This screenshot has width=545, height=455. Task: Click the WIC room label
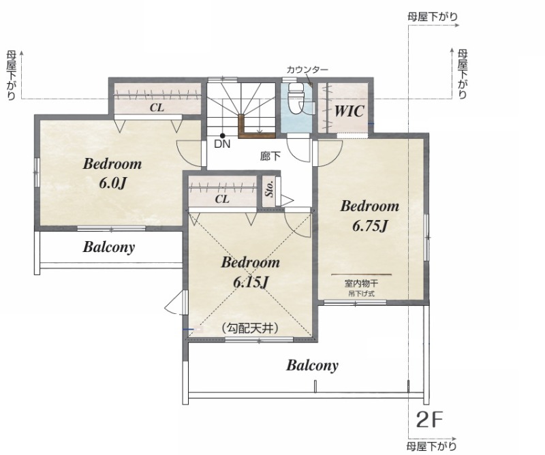point(349,111)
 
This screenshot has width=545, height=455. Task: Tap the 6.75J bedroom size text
point(369,227)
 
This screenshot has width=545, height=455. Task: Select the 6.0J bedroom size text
point(112,183)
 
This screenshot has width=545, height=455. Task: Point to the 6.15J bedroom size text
point(250,283)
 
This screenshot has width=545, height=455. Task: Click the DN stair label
point(222,144)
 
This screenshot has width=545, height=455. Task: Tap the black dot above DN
point(223,136)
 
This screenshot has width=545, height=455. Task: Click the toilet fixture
point(296,99)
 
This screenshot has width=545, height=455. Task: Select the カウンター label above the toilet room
point(307,70)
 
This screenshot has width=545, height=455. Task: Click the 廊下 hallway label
point(270,157)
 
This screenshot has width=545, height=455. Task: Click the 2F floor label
point(429,420)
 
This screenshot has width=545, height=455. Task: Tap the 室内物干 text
point(361,283)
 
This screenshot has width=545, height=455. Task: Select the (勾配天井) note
point(250,328)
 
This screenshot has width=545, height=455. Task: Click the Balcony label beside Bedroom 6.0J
point(109,247)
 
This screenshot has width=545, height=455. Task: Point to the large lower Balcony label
point(312,365)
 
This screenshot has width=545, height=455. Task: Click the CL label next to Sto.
point(222,199)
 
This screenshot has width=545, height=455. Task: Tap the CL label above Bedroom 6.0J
point(157,108)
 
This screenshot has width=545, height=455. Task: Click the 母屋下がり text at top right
point(433,16)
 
